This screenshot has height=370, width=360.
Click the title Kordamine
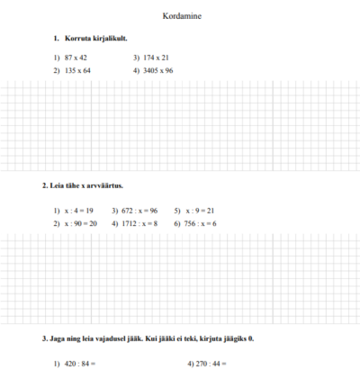click(180, 17)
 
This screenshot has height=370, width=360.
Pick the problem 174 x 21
click(156, 58)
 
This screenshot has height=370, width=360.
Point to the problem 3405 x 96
click(157, 69)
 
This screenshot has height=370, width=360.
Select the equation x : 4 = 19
click(78, 211)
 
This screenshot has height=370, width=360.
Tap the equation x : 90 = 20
click(80, 222)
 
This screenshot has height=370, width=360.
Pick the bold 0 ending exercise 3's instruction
click(252, 338)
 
